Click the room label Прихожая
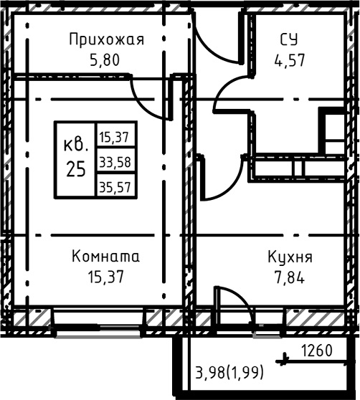(106, 40)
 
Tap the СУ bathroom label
(290, 40)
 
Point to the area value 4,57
(290, 59)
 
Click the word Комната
(106, 256)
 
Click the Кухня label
(290, 256)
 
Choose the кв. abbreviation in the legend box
(76, 144)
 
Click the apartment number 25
(76, 170)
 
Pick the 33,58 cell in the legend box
(115, 161)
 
